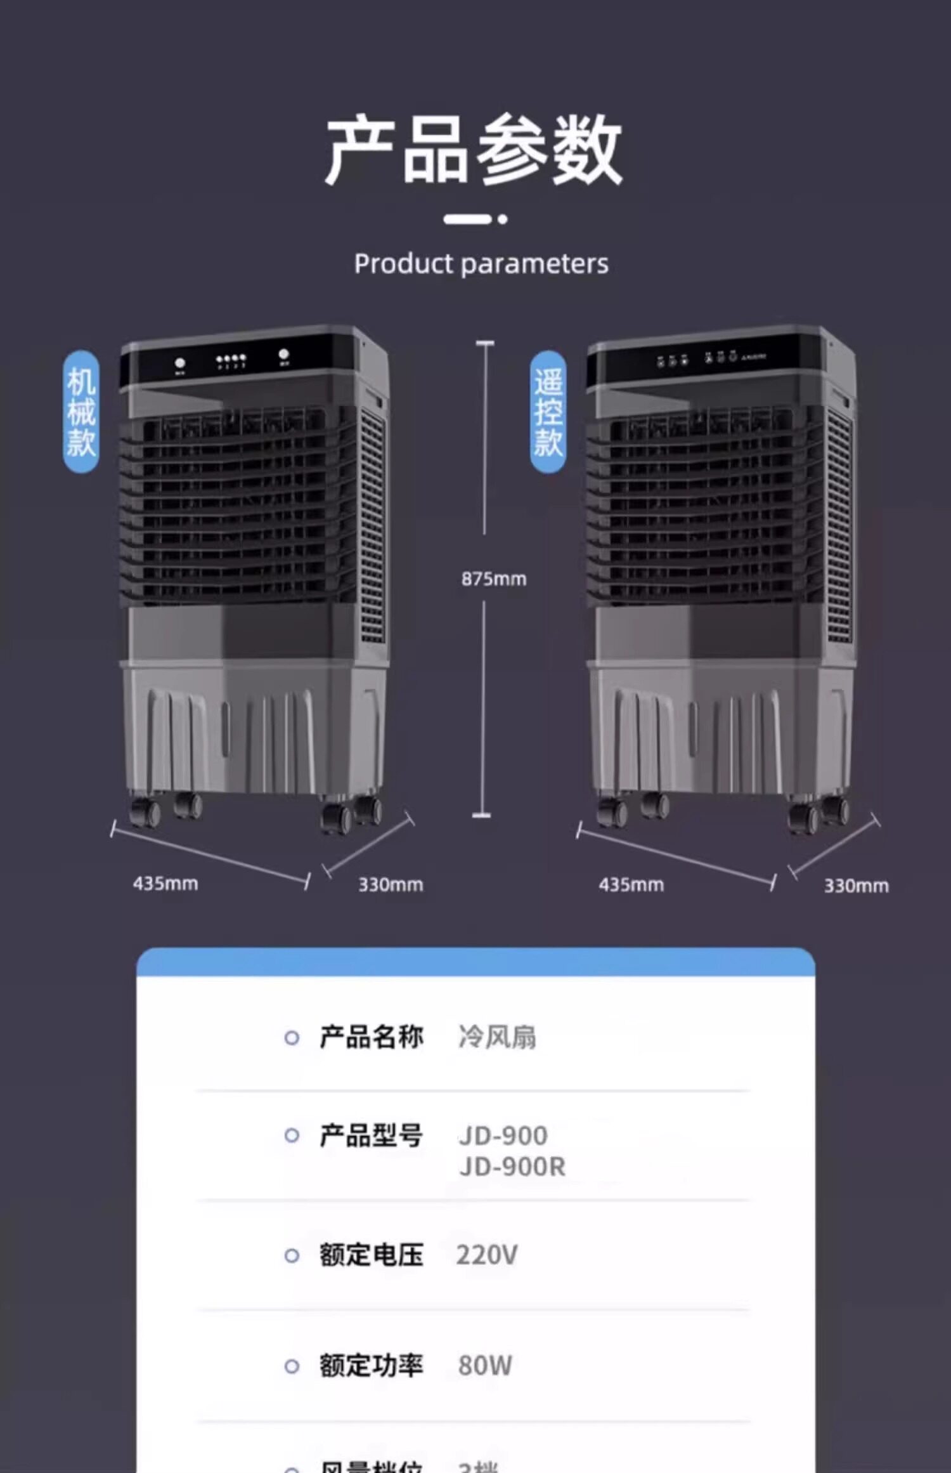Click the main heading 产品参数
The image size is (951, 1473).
coord(474,150)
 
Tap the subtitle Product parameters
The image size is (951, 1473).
coord(481,264)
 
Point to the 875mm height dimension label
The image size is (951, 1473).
coord(493,579)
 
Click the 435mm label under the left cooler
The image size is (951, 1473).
coord(165,883)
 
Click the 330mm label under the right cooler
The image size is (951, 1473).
coord(856,886)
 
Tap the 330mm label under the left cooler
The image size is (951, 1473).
coord(391,884)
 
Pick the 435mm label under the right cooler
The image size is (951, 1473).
coord(631,884)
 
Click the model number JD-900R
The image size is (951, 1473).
coord(512,1167)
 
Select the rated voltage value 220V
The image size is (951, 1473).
coord(487,1255)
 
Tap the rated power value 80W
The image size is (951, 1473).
coord(485,1365)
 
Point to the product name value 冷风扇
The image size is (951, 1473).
coord(497,1037)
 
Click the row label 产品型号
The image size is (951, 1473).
coord(371,1136)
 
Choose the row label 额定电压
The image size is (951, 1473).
coord(371,1255)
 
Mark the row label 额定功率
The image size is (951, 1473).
coord(371,1365)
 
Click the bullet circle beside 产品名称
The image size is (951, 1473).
coord(292,1038)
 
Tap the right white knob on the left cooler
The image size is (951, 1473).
coord(284,355)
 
